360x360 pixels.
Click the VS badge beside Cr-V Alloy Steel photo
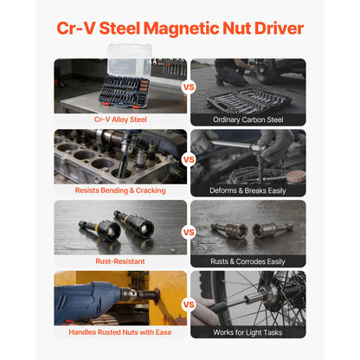click(189, 87)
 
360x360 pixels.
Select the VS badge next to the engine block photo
click(189, 159)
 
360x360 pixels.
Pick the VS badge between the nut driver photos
click(189, 232)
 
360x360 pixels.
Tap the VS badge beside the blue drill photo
click(189, 305)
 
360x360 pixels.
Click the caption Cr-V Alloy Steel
click(120, 119)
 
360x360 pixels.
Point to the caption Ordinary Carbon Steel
click(248, 119)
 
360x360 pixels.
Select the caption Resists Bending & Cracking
click(120, 190)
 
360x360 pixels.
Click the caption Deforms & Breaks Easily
click(247, 190)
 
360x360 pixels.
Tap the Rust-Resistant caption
click(120, 261)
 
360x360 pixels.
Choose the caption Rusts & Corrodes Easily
click(247, 261)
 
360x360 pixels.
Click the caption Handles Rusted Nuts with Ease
click(120, 332)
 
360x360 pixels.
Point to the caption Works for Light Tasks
click(247, 332)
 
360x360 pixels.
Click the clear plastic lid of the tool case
click(130, 61)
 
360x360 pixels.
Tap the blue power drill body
click(87, 300)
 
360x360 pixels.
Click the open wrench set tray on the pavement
click(248, 101)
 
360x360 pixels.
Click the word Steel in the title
click(119, 29)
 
